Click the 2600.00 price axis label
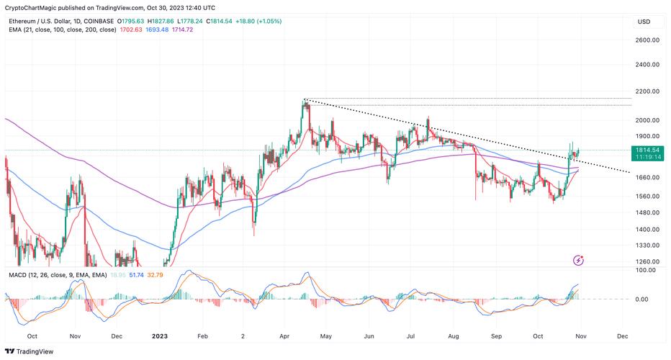(648, 40)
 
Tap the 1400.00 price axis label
(648, 230)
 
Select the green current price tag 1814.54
(647, 149)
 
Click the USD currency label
(644, 22)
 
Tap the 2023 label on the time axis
(160, 336)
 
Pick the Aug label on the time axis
(454, 336)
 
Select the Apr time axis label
(284, 336)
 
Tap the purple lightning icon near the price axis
(578, 260)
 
